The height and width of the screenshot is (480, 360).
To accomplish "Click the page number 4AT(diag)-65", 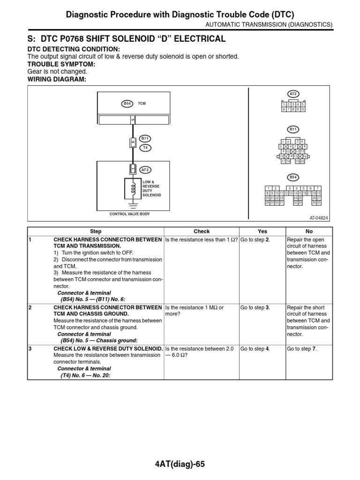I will coord(180,464).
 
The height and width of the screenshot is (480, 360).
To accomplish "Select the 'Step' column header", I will coord(96,231).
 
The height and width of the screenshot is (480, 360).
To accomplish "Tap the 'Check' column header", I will coord(202,231).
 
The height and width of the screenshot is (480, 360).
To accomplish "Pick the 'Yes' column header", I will coord(262,231).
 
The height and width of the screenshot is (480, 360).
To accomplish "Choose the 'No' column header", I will coord(309,231).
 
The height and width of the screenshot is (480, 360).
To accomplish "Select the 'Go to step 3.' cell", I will coord(255,307).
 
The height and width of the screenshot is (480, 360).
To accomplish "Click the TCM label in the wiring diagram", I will coord(142,104).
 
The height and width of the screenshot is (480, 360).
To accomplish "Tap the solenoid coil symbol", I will coord(133,188).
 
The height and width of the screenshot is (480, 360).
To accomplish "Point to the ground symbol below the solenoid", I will coord(133,204).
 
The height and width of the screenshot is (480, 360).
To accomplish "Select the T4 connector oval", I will coord(145,147).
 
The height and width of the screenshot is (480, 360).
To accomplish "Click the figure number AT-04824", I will coord(319,218).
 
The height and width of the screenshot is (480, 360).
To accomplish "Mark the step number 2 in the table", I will coord(30,307).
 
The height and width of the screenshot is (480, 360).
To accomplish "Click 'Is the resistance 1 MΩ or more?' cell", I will coord(195,311).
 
